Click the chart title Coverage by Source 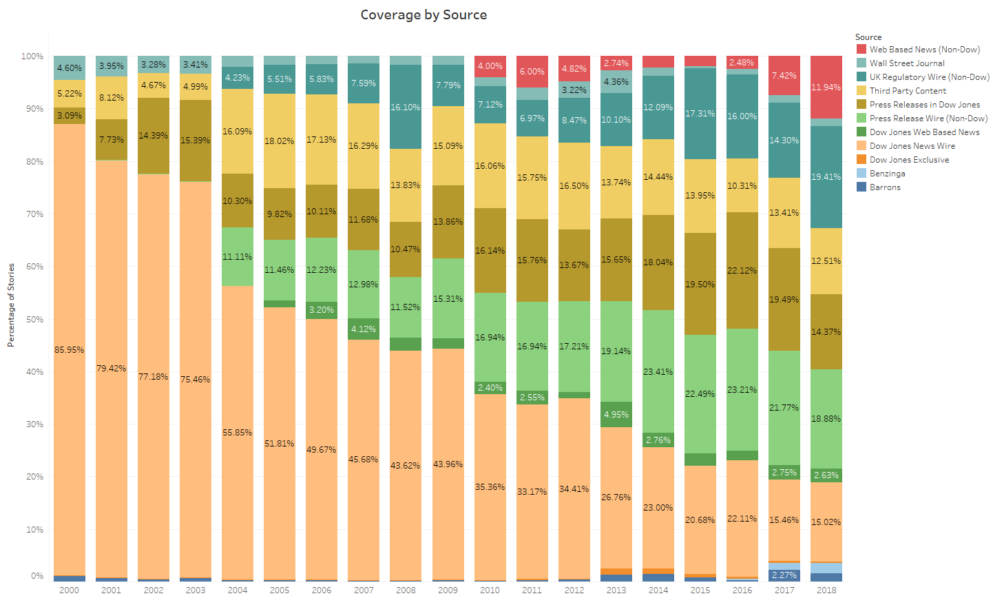424,15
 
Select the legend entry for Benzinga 887,174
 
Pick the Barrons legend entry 885,187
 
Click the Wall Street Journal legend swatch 861,63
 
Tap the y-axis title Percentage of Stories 11,305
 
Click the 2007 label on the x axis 364,590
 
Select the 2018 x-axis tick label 826,590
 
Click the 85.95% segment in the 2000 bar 70,349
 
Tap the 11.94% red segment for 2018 826,88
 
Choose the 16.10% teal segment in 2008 406,107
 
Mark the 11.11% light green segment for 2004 238,256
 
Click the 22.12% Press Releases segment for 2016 742,270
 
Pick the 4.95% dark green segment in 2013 616,414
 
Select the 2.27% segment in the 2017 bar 784,575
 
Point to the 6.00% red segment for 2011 532,72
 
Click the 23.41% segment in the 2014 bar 658,371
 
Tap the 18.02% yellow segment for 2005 280,141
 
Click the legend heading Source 868,37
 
